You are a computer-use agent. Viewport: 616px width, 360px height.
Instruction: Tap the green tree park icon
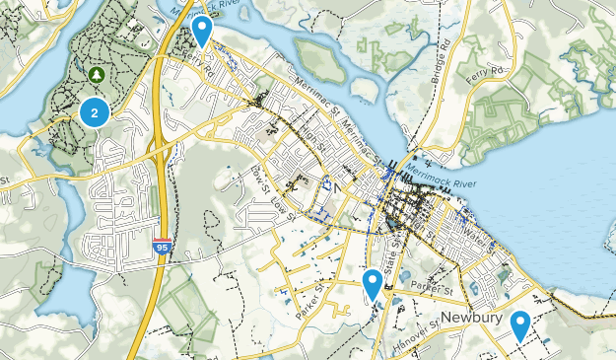coord(97,74)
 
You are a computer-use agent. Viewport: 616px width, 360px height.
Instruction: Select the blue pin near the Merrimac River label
coord(202,30)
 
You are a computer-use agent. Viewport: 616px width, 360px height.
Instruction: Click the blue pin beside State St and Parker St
coord(373,284)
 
